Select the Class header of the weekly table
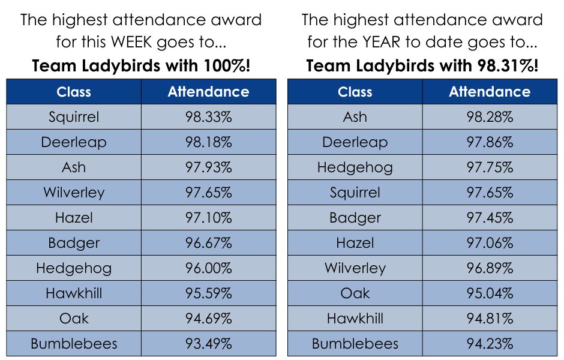(x=74, y=92)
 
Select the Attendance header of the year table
(x=490, y=92)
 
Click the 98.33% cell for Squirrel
(x=208, y=117)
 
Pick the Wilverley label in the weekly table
(x=74, y=193)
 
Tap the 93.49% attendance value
(x=208, y=344)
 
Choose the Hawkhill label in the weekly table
(x=74, y=293)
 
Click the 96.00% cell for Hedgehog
(x=208, y=268)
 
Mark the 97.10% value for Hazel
(x=208, y=218)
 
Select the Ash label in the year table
(x=355, y=117)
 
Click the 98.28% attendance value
(x=490, y=117)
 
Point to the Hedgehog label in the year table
(x=355, y=167)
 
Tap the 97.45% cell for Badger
(x=490, y=218)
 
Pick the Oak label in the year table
(x=355, y=293)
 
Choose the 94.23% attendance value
(x=490, y=344)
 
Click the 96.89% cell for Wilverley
(x=490, y=268)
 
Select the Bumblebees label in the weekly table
(x=74, y=344)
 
